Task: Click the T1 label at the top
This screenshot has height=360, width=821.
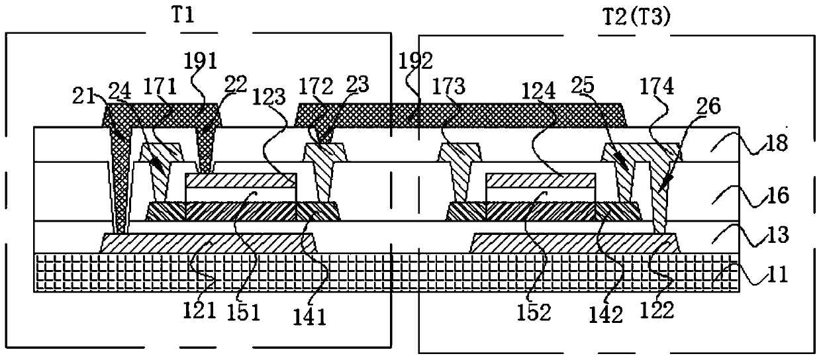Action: (183, 16)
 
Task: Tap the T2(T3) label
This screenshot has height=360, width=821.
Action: (637, 17)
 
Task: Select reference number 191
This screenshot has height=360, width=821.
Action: (201, 61)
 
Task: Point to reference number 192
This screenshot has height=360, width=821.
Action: (415, 61)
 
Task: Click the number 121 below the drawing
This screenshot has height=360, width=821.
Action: (199, 310)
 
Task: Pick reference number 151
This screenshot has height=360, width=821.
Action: (244, 313)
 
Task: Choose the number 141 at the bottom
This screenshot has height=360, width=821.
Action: (310, 317)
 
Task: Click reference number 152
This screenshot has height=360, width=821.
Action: (534, 313)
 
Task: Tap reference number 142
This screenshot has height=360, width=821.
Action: (606, 315)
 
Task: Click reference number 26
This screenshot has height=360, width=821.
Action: (709, 106)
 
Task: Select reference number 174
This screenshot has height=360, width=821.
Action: (656, 87)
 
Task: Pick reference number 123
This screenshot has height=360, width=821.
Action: (269, 97)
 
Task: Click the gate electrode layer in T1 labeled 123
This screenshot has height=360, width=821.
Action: (240, 180)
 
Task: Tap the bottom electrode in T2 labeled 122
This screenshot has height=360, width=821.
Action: (575, 243)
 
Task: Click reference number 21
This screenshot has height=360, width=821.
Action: (84, 97)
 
